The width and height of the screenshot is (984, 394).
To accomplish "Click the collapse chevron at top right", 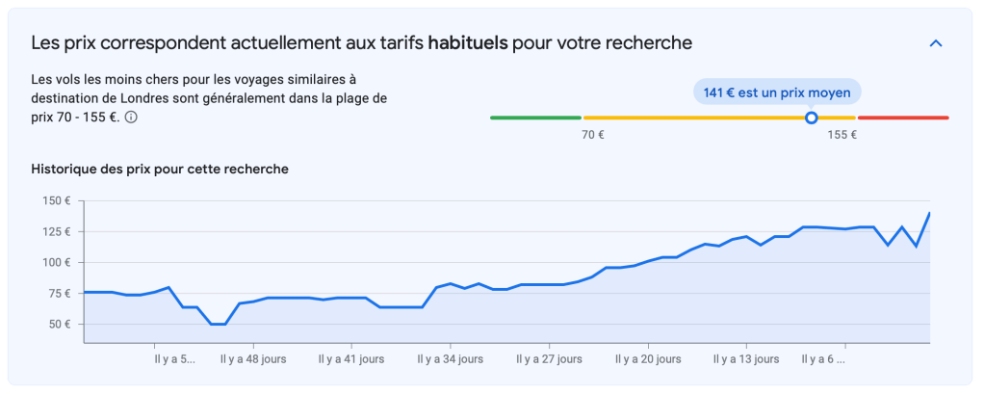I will coord(935,43).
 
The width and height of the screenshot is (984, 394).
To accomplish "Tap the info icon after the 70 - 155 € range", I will coord(131,118).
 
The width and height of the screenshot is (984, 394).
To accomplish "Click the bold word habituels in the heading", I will coord(468,43).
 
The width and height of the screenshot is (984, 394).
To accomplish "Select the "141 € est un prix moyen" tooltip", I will coord(776,92).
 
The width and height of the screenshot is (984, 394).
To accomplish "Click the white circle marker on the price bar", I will coord(811,118).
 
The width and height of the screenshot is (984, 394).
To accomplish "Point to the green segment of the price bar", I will coord(534,118).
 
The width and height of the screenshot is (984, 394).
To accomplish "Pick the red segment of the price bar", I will coord(902,118).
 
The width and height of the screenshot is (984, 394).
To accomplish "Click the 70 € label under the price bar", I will coord(593,135).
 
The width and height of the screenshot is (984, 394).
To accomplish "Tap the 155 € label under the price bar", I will coord(842,135).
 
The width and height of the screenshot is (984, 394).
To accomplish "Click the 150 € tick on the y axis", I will coord(57,200).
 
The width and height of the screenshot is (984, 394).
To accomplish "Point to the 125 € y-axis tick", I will coord(57,231).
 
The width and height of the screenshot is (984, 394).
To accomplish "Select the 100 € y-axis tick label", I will coord(57,262).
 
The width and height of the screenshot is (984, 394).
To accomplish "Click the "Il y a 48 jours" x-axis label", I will coord(253,359).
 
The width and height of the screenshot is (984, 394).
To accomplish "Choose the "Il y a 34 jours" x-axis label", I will coord(451,359).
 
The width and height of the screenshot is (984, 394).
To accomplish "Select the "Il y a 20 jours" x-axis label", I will coord(648,359).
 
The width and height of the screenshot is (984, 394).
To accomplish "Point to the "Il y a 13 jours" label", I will coord(746,359).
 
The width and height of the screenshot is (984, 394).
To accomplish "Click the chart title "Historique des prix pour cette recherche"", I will coord(160,169).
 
